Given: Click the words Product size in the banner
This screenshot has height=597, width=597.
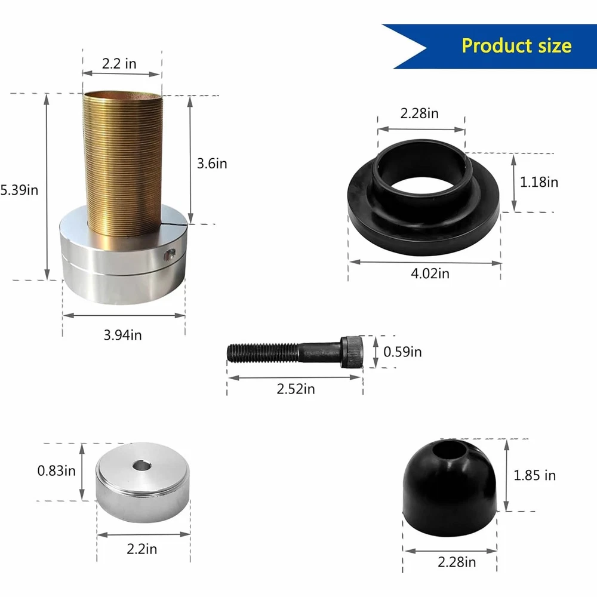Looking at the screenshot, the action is coord(516,46).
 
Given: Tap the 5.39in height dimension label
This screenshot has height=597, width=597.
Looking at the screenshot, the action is coord(19,190).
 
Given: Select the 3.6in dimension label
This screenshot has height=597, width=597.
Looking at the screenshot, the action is coord(212,164).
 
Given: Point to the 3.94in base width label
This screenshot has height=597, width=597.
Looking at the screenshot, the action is coord(122,335).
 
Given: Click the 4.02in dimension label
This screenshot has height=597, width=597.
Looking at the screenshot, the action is coord(430,273).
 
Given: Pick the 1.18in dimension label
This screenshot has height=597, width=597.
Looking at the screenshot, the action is coord(538,182).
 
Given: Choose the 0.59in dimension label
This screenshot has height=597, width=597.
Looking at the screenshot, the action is coord(402,352).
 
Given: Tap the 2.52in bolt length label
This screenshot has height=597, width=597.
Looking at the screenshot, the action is coord(296,389).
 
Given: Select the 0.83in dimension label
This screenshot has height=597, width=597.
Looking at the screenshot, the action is coord(56,470).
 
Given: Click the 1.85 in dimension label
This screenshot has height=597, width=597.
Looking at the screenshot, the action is coord(534,475).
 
